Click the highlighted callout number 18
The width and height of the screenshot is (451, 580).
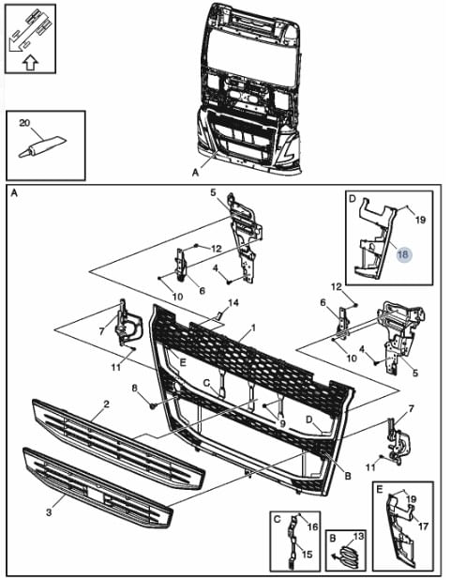(x=403, y=254)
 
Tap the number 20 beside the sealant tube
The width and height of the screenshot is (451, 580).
(x=24, y=123)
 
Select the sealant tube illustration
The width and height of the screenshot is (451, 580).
(x=42, y=146)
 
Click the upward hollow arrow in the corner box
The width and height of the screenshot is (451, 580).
(x=30, y=63)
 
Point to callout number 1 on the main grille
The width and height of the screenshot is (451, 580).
(x=253, y=328)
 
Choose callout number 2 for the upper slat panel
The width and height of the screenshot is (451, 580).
(x=107, y=404)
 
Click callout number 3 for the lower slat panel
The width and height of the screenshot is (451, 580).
(x=49, y=512)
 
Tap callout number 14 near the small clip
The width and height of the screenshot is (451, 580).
(x=233, y=303)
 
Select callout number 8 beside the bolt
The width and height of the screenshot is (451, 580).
(x=135, y=388)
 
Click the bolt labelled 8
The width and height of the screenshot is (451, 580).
(x=153, y=406)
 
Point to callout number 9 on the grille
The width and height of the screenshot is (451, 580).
(x=282, y=424)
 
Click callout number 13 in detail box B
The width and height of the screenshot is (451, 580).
(x=358, y=536)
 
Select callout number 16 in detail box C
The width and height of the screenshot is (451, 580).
(x=313, y=526)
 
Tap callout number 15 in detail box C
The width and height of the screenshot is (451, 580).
(x=308, y=554)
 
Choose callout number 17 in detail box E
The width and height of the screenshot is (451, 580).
(x=423, y=526)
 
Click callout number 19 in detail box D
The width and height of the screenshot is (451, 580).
(x=420, y=220)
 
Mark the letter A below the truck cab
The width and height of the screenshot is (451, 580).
(x=196, y=173)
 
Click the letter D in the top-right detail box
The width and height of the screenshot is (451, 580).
(x=352, y=199)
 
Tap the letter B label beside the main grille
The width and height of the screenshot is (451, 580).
(x=348, y=476)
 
